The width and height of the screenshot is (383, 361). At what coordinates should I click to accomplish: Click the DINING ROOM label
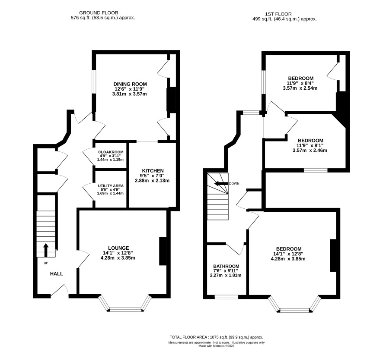pyautogui.click(x=130, y=84)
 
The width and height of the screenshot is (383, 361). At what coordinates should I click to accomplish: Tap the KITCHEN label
pyautogui.click(x=153, y=171)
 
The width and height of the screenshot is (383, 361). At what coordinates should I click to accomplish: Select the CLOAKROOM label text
pyautogui.click(x=110, y=152)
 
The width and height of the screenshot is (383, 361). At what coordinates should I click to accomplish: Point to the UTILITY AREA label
pyautogui.click(x=110, y=186)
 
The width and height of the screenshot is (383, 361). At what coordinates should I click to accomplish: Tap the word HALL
pyautogui.click(x=57, y=274)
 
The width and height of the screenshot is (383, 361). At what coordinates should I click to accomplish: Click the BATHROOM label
pyautogui.click(x=226, y=266)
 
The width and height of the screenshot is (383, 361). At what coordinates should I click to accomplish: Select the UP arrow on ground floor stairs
pyautogui.click(x=46, y=250)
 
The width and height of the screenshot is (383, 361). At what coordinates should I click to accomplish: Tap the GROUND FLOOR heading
pyautogui.click(x=99, y=13)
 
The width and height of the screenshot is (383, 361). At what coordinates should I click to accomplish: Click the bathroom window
pyautogui.click(x=226, y=297)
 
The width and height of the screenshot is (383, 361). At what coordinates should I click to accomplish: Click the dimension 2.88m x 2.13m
pyautogui.click(x=152, y=181)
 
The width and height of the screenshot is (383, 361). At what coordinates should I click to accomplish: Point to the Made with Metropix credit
pyautogui.click(x=217, y=345)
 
